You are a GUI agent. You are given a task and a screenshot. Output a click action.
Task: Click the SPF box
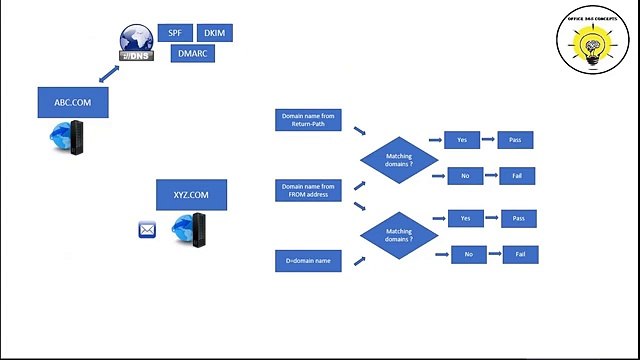(174, 32)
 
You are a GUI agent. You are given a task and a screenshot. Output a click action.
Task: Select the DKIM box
(215, 32)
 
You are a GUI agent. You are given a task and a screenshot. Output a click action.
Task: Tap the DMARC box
(192, 53)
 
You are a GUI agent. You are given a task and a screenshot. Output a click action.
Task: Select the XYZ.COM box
(192, 194)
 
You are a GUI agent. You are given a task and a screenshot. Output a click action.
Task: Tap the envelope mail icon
(147, 231)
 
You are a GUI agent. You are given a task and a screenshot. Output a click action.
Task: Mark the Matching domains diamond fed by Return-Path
(399, 159)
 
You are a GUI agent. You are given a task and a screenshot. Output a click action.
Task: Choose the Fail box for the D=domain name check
(520, 255)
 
